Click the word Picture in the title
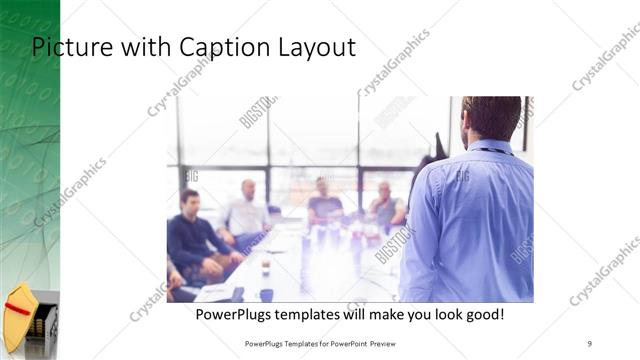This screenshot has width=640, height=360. (69, 47)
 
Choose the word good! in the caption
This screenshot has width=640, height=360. (484, 315)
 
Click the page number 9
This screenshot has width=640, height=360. (590, 343)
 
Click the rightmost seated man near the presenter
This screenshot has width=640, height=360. (385, 208)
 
